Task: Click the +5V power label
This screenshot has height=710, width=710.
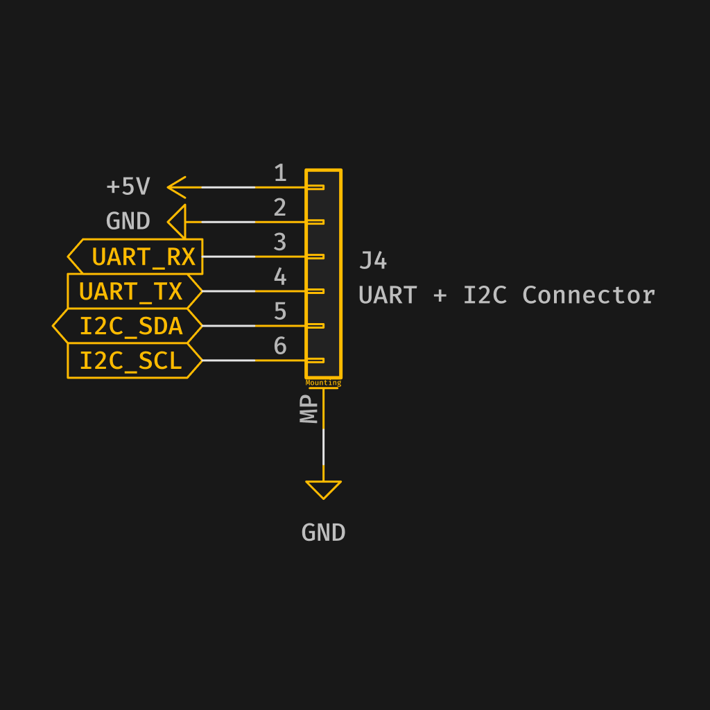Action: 128,187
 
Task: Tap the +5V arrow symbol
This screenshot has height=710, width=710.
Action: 177,187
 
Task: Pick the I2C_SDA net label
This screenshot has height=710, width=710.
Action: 130,326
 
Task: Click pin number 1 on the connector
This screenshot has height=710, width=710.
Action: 280,173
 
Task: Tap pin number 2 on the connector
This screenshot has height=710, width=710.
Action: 280,208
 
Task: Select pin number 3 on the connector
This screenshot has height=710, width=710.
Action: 280,243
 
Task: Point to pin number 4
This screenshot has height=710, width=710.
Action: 280,277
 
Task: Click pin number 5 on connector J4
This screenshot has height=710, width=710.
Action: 280,312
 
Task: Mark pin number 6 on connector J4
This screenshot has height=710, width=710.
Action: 280,346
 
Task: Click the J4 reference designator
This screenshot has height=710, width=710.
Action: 373,261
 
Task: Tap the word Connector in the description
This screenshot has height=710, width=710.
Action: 588,295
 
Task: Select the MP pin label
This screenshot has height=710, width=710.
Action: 309,409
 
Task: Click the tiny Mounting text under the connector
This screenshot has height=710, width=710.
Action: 323,383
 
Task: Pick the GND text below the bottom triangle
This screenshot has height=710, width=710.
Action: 323,533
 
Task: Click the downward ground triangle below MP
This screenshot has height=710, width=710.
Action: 323,489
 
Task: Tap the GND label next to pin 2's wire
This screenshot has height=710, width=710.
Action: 128,222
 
